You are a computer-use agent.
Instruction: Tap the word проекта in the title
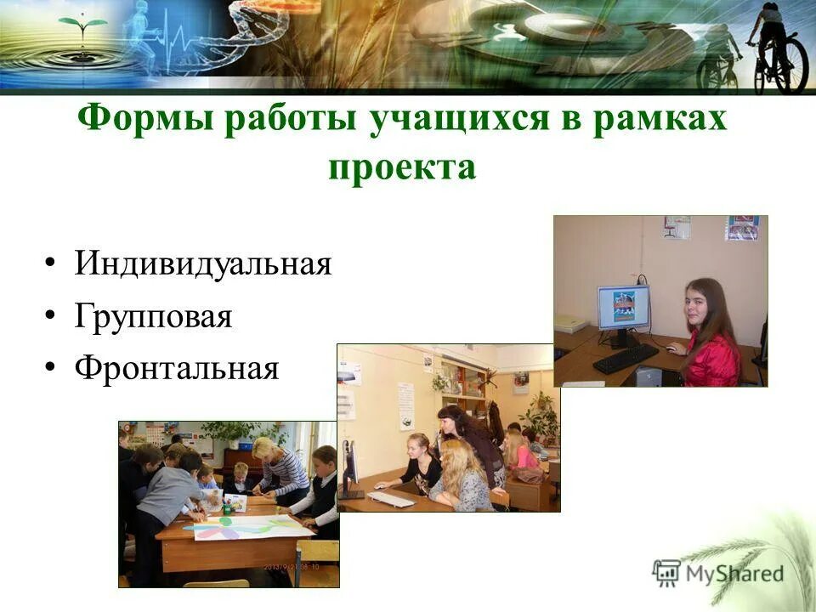402,166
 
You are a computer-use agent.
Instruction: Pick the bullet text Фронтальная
176,368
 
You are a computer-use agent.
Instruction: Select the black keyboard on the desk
625,359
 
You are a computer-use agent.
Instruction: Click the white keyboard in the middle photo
390,499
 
